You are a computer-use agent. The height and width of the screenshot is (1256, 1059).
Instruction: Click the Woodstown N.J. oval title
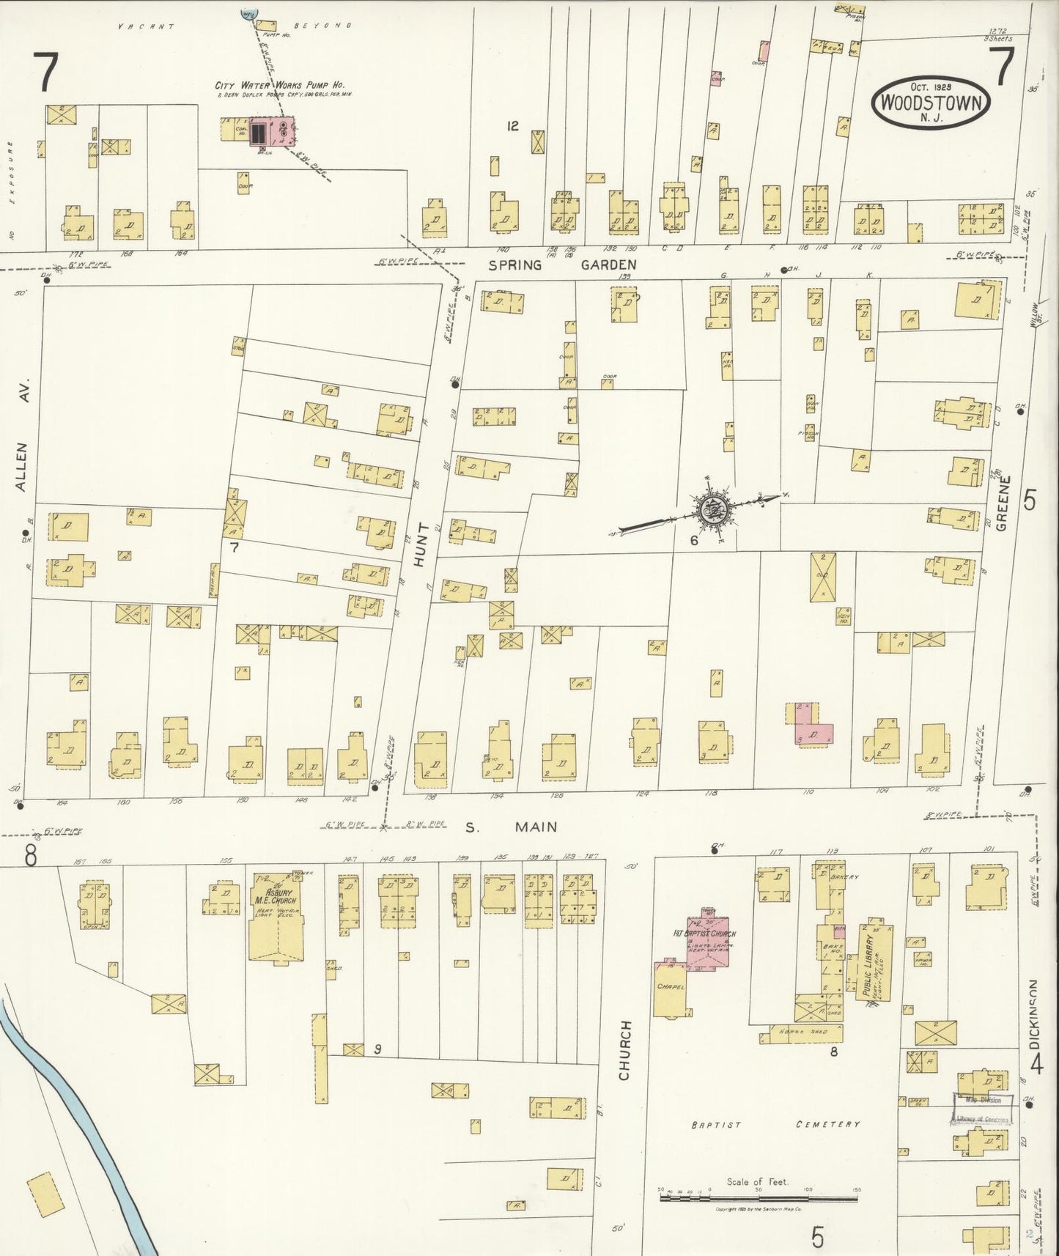coord(931,103)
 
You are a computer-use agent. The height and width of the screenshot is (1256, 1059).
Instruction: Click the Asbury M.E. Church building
coord(276,916)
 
